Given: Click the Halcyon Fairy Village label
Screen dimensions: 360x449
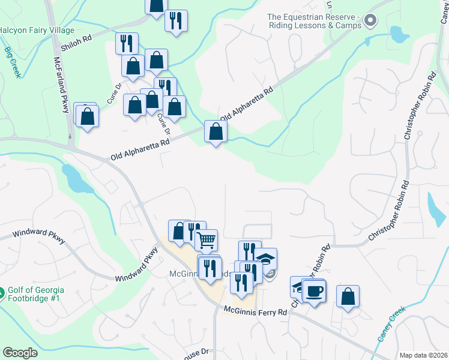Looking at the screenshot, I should click(x=37, y=30).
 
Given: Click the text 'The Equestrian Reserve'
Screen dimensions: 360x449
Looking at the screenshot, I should click(x=315, y=21).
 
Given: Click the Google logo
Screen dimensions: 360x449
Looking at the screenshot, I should click(x=20, y=353).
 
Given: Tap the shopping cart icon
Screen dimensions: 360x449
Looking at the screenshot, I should click(x=206, y=240).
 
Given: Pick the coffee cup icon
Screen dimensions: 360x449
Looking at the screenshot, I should click(x=315, y=292).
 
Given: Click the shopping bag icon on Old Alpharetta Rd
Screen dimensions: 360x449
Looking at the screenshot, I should click(x=215, y=131).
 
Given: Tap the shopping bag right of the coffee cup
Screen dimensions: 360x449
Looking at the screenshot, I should click(x=348, y=296).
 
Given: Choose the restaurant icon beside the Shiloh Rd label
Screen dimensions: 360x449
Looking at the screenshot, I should click(x=127, y=43).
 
